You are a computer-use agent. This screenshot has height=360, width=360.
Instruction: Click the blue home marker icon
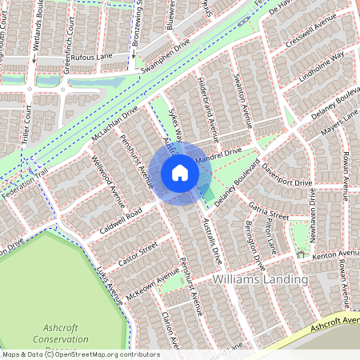180,172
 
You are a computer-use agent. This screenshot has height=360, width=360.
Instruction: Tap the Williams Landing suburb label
261,280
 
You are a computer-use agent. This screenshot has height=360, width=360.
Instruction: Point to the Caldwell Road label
121,213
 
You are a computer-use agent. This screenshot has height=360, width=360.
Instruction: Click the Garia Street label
268,210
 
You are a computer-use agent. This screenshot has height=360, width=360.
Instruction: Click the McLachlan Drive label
115,125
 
